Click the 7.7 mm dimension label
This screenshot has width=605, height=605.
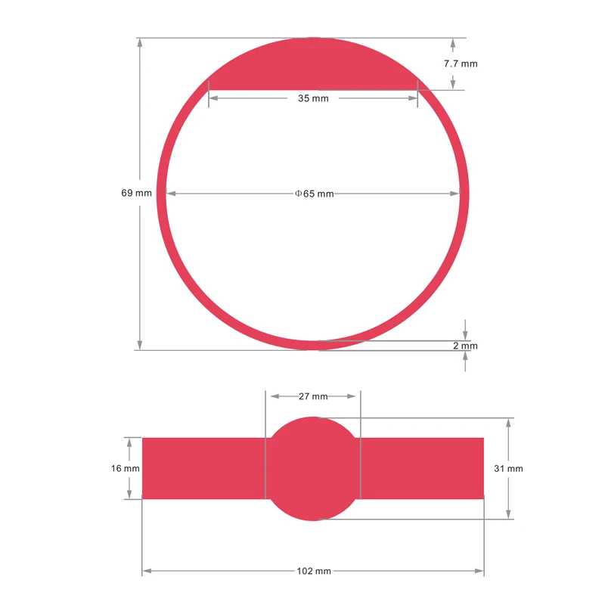[x=461, y=64]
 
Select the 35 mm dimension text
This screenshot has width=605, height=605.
[x=313, y=98]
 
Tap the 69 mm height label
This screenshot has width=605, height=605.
[x=137, y=193]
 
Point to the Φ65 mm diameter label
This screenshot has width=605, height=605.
[x=314, y=194]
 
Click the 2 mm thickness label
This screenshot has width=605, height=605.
[x=465, y=346]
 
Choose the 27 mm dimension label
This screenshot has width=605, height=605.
[x=313, y=396]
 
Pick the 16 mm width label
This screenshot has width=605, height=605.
[x=126, y=468]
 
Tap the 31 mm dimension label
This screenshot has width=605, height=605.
[x=508, y=468]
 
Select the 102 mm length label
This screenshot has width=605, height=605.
[x=313, y=571]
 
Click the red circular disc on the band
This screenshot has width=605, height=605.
[x=313, y=468]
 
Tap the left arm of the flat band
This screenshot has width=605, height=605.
[x=203, y=468]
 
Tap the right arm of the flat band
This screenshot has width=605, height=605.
[x=422, y=468]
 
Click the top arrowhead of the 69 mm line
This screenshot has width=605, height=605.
[x=140, y=42]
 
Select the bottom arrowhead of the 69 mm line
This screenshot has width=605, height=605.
[x=140, y=345]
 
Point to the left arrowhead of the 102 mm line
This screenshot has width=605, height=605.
[x=147, y=571]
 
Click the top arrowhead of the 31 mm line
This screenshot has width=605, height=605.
[x=508, y=422]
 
